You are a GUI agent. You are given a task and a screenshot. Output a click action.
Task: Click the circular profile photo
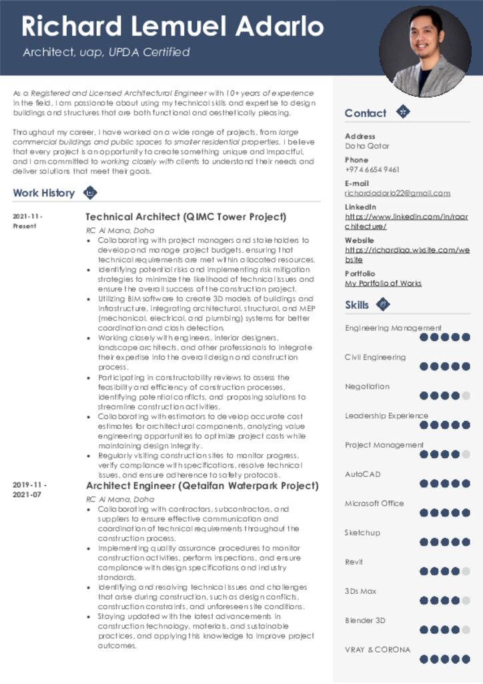[x=425, y=52]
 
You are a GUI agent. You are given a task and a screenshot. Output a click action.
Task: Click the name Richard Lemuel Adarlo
[x=172, y=26]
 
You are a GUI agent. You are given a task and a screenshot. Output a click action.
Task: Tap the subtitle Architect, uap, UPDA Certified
[x=106, y=52]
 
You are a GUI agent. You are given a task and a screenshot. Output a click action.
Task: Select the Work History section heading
[x=43, y=193]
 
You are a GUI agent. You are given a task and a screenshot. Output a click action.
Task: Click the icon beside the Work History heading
[x=90, y=193]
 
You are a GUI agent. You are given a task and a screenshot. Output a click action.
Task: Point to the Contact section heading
[x=365, y=113]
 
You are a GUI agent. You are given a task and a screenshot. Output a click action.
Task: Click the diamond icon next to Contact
[x=402, y=112]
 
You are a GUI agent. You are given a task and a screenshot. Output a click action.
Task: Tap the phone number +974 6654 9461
[x=372, y=170]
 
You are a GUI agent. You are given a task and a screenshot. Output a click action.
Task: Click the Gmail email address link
[x=397, y=193]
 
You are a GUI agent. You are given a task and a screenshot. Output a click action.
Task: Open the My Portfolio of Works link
[x=383, y=283]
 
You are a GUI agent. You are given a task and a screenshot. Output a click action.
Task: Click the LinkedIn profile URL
[x=406, y=221]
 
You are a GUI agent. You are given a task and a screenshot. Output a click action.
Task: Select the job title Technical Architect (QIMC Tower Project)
[x=185, y=216]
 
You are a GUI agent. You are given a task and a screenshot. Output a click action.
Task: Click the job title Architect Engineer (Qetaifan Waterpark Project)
[x=202, y=486]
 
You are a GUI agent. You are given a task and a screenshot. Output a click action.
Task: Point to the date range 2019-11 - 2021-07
[x=30, y=490]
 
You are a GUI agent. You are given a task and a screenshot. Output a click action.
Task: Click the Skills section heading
[x=356, y=305]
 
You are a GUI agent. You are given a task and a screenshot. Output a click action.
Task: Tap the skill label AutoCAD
[x=362, y=474]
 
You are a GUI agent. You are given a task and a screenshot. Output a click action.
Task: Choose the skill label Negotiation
[x=367, y=386]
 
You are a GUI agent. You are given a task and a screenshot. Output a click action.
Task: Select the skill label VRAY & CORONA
[x=378, y=649]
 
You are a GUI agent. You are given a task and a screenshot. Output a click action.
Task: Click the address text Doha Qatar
[x=367, y=146]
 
